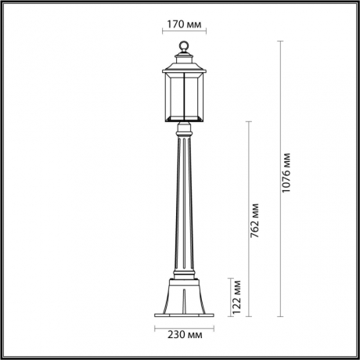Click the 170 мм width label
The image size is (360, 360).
click(x=185, y=23)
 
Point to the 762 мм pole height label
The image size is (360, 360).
click(x=255, y=223)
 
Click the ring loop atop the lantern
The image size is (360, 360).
click(x=185, y=45)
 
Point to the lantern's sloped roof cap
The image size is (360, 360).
click(x=185, y=61)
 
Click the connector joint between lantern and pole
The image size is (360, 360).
click(x=185, y=127)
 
